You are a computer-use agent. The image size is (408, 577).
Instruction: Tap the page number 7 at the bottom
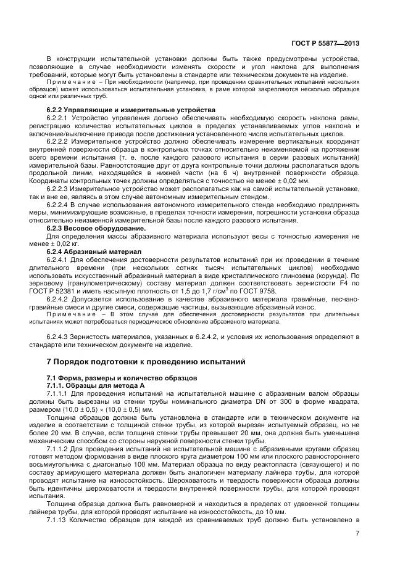(357, 534)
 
